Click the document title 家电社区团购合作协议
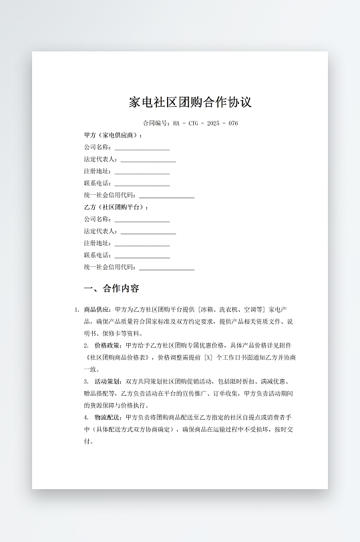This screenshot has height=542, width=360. (190, 103)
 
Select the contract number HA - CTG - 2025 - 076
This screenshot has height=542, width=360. (205, 123)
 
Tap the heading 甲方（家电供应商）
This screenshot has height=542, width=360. (113, 135)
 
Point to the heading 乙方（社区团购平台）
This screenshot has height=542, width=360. (116, 208)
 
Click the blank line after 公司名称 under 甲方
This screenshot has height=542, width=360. (142, 148)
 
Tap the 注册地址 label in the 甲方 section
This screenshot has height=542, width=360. (98, 172)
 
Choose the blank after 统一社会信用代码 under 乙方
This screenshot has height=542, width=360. (166, 268)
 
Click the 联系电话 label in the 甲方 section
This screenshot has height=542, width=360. (98, 184)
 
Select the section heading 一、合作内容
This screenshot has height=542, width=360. (112, 289)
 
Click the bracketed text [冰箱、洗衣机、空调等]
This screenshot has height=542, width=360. (232, 310)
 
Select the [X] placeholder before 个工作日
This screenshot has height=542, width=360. (208, 358)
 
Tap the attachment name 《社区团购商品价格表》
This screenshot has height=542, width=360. (120, 358)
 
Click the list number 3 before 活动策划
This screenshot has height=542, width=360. (86, 381)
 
